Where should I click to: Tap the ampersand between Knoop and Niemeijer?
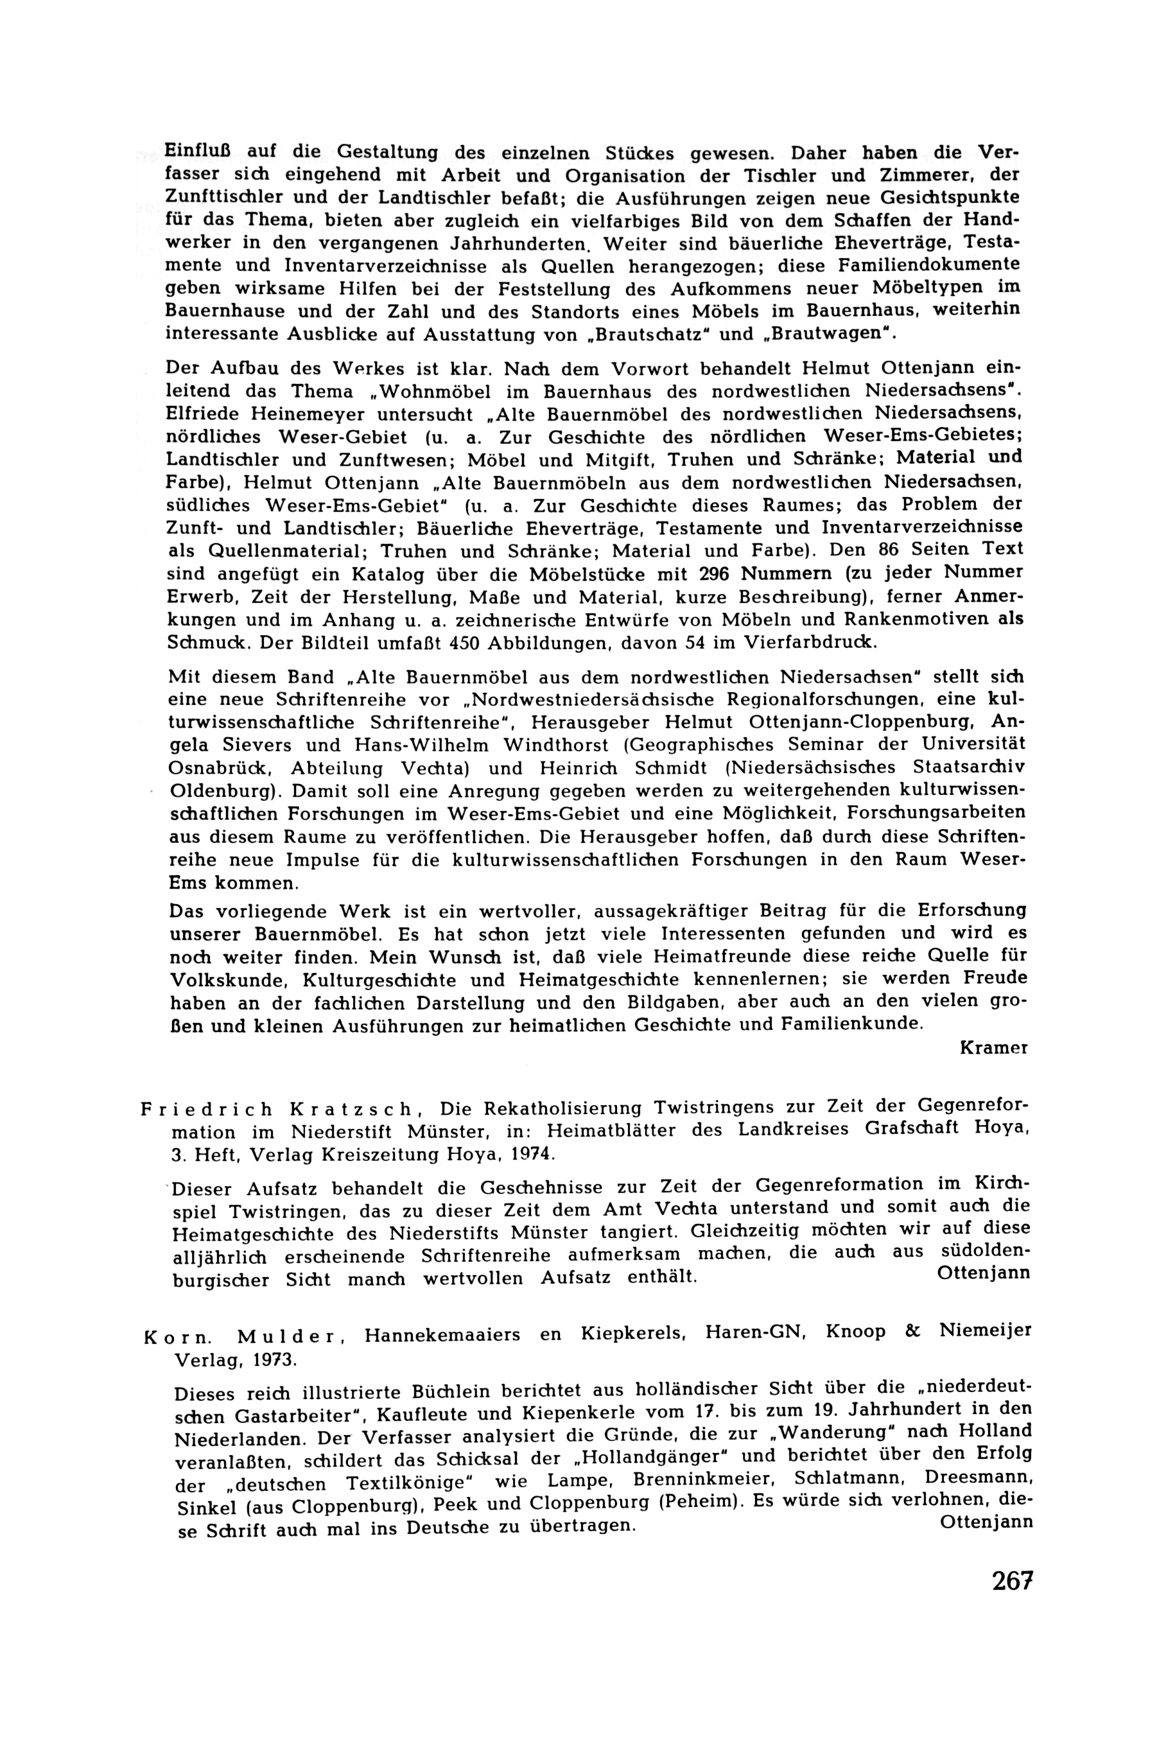point(913,1331)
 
